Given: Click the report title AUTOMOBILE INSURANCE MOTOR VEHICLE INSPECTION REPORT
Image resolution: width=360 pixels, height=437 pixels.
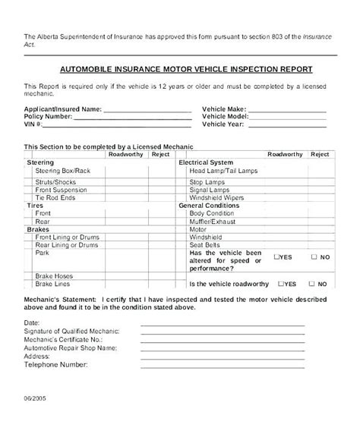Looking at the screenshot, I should tap(181, 68).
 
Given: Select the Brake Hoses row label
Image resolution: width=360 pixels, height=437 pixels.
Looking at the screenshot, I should tap(55, 275).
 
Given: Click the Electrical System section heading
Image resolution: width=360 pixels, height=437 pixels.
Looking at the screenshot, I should tap(206, 162).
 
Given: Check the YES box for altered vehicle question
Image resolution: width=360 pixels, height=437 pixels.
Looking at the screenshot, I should tap(278, 257).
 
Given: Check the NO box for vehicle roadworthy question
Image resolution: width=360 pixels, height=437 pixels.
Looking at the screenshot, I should tap(314, 283).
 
